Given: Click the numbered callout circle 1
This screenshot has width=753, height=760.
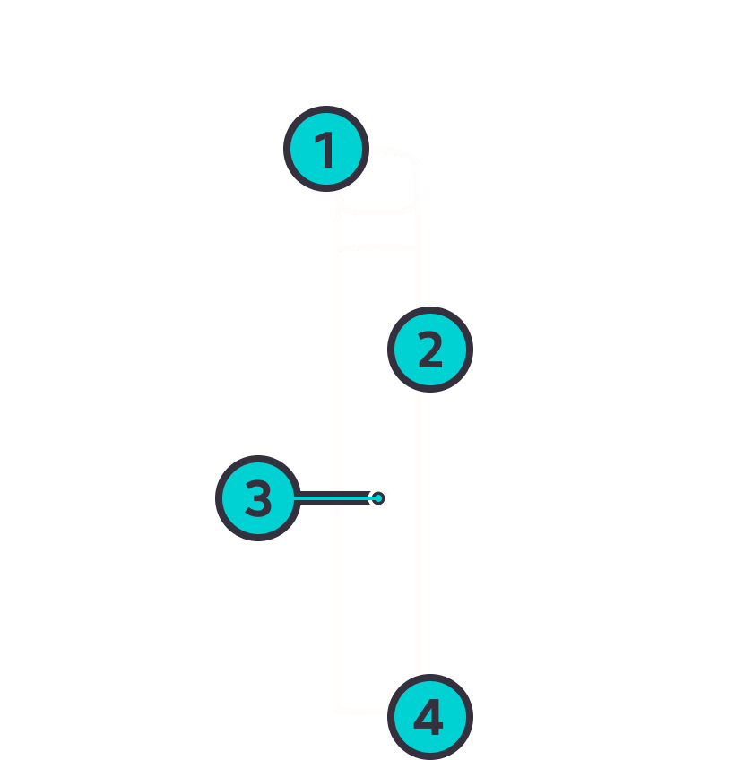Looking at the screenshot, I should tap(326, 149).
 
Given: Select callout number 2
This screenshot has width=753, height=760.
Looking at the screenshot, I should tap(430, 350).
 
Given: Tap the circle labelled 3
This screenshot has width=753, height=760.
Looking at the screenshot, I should tap(258, 498).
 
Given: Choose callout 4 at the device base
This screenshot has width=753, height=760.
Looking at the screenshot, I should tap(430, 717).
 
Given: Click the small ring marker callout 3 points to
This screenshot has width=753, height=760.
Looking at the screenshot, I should tap(378, 498).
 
